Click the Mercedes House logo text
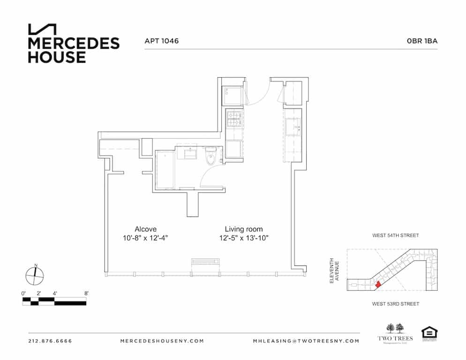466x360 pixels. click(x=74, y=50)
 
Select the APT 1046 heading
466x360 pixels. click(x=162, y=41)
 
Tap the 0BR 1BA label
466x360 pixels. click(x=422, y=41)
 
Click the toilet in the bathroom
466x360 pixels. click(x=210, y=156)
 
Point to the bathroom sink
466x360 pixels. click(x=191, y=153)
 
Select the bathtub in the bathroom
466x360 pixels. click(x=165, y=169)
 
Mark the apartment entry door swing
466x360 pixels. click(x=259, y=94)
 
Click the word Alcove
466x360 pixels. click(x=145, y=229)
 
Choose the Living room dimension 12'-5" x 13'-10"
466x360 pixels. click(x=246, y=238)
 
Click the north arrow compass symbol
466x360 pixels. click(x=35, y=275)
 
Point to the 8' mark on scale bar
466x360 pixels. click(x=86, y=293)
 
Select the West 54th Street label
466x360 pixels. click(x=395, y=235)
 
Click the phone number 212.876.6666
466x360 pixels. click(x=50, y=341)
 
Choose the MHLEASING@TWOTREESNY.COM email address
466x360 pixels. click(x=306, y=341)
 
